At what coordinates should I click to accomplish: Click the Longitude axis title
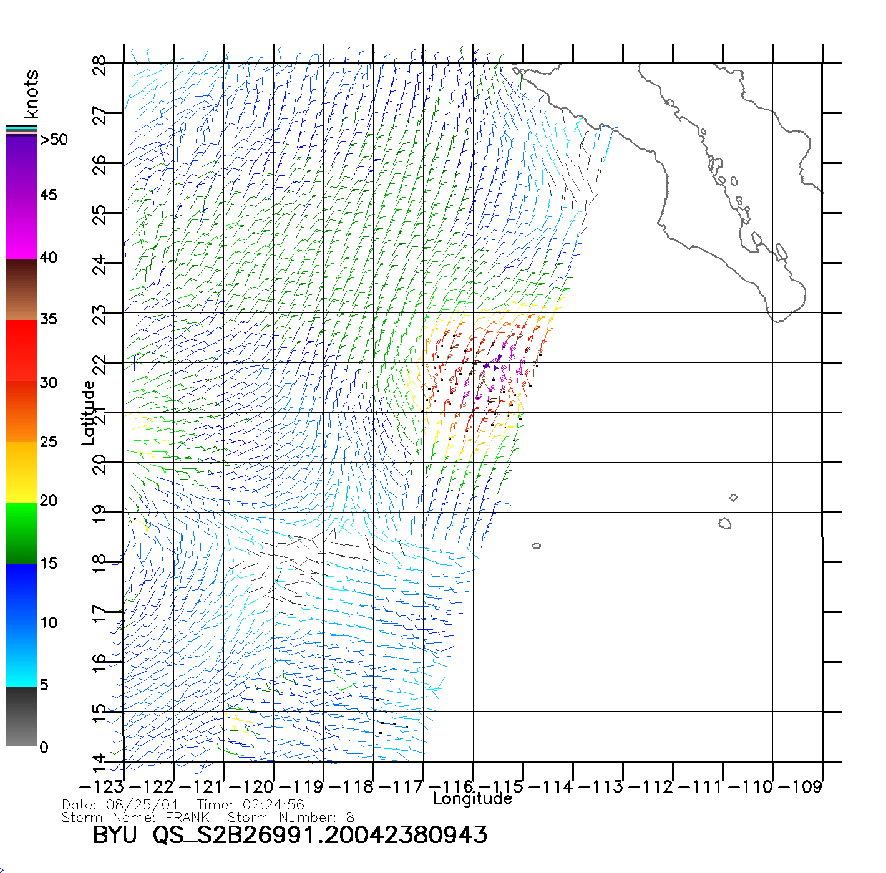(x=472, y=799)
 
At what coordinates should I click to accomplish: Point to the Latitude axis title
(x=89, y=413)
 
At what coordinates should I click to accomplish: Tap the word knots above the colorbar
(x=31, y=94)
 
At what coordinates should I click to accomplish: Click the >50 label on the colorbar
(x=54, y=140)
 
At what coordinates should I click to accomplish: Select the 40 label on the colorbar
(x=49, y=257)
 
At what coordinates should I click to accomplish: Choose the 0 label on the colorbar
(x=44, y=747)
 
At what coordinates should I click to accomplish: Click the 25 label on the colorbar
(x=49, y=442)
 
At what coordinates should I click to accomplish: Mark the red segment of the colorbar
(x=22, y=349)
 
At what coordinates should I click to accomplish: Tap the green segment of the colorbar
(x=22, y=533)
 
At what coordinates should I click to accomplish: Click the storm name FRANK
(x=187, y=817)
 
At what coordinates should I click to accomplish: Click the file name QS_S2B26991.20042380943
(x=320, y=835)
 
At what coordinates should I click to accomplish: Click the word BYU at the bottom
(x=115, y=835)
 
